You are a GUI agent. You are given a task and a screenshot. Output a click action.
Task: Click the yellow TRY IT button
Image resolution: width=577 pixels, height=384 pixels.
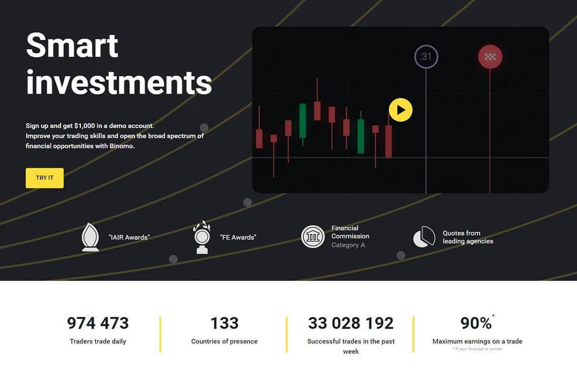point(45,178)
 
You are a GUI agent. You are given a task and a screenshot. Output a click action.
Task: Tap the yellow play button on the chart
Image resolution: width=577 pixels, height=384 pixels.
point(401,110)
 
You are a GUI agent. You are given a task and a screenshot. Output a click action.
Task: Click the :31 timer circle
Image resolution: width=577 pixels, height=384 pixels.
point(426,57)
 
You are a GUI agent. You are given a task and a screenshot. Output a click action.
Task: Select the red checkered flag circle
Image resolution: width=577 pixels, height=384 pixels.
point(490,57)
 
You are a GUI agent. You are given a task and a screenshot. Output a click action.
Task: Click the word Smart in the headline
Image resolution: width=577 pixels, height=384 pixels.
point(72,45)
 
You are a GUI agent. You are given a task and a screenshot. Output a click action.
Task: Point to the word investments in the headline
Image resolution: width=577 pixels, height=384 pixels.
point(119,83)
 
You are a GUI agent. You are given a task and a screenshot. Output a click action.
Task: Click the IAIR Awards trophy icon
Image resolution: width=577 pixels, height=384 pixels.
point(90,237)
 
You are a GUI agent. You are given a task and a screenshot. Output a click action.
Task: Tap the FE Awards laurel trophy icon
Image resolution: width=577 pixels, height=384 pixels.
point(202,237)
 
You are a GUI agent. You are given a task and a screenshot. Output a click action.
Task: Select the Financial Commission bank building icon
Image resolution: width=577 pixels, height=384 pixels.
point(313,237)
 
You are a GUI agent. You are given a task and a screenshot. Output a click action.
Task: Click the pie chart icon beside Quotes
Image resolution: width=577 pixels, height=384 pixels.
point(424,237)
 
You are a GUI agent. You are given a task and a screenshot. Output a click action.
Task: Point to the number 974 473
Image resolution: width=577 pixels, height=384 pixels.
point(98,323)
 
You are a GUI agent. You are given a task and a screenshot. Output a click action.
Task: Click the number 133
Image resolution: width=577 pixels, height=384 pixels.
point(225,323)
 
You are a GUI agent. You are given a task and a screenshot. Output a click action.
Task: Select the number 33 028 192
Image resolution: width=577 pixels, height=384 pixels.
point(351,323)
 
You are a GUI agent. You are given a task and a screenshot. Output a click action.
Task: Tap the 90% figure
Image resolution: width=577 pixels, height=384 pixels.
point(476,323)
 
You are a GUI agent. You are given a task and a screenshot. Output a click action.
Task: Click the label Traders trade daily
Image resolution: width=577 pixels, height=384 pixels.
point(98,341)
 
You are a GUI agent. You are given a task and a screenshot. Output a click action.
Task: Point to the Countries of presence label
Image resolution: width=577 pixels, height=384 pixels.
point(225,341)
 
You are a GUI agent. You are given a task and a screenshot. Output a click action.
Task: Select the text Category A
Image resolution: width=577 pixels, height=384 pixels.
point(348,245)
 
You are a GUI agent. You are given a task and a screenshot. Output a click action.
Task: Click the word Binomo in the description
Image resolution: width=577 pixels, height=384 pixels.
point(122,146)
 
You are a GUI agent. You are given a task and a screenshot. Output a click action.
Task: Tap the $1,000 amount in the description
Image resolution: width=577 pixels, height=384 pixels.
point(85,126)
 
